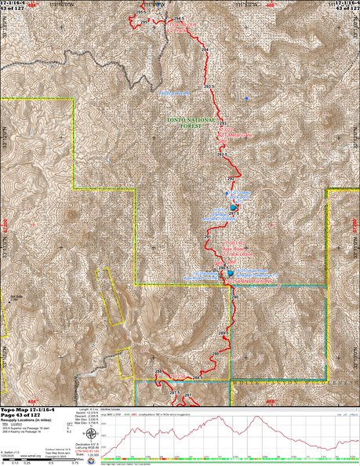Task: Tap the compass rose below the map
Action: click(x=92, y=434)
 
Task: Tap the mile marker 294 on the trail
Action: click(x=205, y=50)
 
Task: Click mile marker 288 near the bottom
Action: click(x=156, y=371)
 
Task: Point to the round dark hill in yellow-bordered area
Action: click(x=72, y=214)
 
